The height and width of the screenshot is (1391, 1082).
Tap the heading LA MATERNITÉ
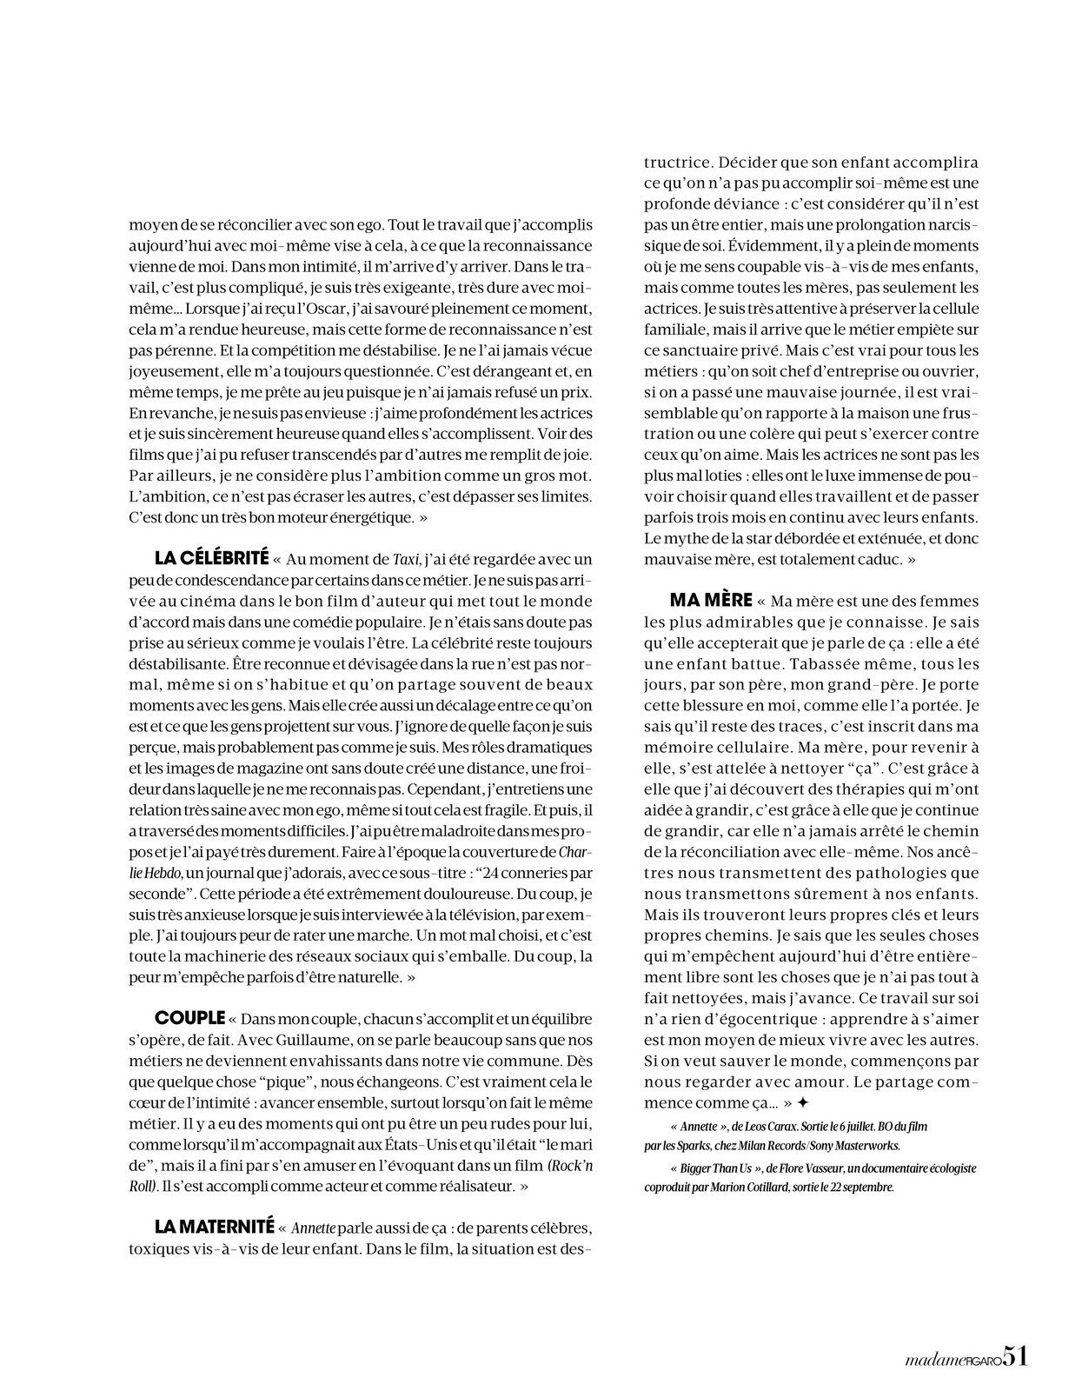214,1228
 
